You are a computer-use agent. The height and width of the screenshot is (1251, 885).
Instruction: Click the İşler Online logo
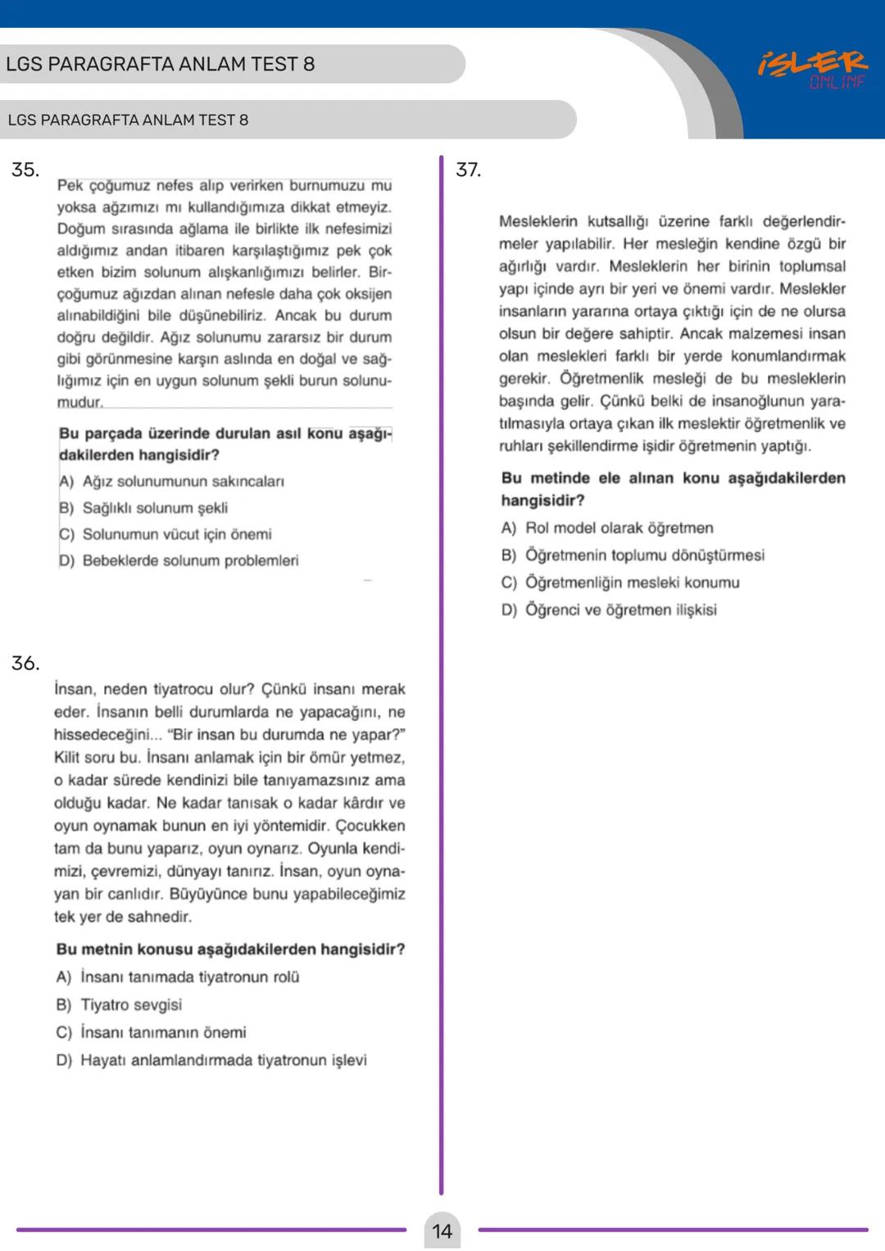click(812, 69)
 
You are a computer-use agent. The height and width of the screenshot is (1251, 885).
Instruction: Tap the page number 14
click(442, 1231)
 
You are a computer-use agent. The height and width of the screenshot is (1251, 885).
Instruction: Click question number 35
click(25, 170)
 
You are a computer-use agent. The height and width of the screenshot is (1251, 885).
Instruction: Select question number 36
click(25, 663)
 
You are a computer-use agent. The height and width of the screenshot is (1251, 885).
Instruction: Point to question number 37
click(468, 170)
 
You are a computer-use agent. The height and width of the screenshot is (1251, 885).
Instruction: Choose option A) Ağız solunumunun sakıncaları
click(172, 481)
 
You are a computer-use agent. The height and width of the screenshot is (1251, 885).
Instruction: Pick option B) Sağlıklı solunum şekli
click(144, 508)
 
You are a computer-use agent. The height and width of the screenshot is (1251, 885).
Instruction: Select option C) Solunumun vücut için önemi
click(166, 534)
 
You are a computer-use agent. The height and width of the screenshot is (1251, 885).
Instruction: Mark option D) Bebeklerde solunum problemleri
click(179, 560)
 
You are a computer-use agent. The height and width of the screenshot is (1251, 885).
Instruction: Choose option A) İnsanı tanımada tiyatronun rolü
click(178, 977)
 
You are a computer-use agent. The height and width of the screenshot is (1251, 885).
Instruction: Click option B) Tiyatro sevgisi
click(120, 1004)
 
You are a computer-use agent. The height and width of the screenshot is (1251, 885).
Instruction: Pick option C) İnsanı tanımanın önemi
click(152, 1032)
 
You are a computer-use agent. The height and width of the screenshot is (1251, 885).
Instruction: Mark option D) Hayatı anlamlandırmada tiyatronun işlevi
click(211, 1060)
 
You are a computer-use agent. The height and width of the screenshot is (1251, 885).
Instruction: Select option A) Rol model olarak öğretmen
click(607, 528)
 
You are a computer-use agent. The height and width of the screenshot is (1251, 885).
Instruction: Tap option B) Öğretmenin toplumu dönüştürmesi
click(633, 555)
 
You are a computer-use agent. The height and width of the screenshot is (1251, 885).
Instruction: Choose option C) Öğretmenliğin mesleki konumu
click(620, 582)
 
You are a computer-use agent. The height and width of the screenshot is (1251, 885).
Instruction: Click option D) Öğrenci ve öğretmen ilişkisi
click(609, 610)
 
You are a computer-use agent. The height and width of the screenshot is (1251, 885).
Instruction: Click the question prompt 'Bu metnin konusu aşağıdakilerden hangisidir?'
click(230, 949)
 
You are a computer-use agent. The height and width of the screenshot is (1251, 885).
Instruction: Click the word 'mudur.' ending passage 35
click(79, 402)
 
